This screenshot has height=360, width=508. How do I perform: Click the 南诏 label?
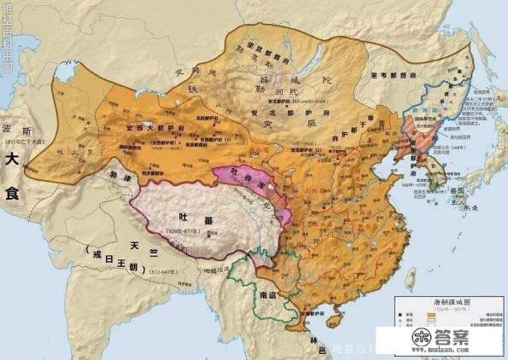point(268,295)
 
